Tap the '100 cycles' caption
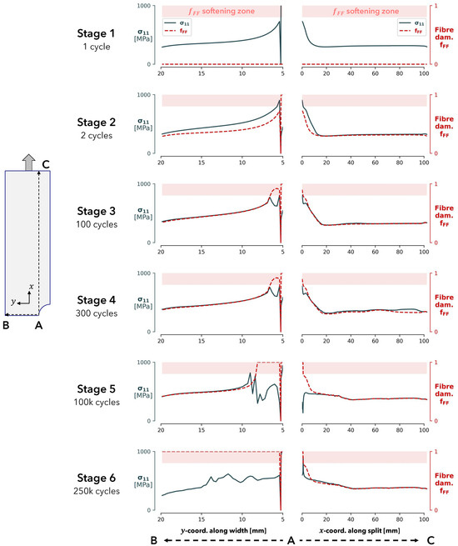92,224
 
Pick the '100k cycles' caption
92,403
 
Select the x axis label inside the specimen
31,286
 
